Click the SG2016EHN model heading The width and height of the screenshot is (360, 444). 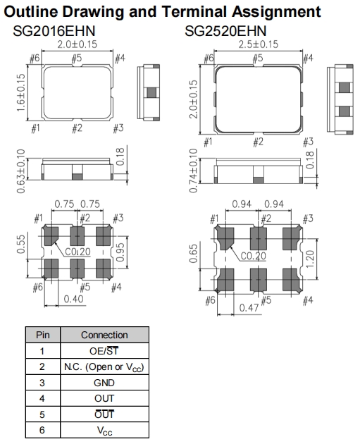pyautogui.click(x=54, y=31)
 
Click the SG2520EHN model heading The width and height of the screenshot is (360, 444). pyautogui.click(x=225, y=31)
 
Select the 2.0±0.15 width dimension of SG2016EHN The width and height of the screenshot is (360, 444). pyautogui.click(x=77, y=44)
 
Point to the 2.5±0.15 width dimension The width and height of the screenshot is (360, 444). pyautogui.click(x=258, y=44)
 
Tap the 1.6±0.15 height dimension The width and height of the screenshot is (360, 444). pyautogui.click(x=21, y=93)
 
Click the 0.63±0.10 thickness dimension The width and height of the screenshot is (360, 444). pyautogui.click(x=21, y=171)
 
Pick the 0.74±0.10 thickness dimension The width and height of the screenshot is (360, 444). pyautogui.click(x=193, y=171)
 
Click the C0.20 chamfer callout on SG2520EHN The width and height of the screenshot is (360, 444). pyautogui.click(x=254, y=256)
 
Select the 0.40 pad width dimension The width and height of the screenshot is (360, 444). pyautogui.click(x=73, y=299)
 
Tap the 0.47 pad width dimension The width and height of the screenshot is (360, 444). pyautogui.click(x=249, y=307)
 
